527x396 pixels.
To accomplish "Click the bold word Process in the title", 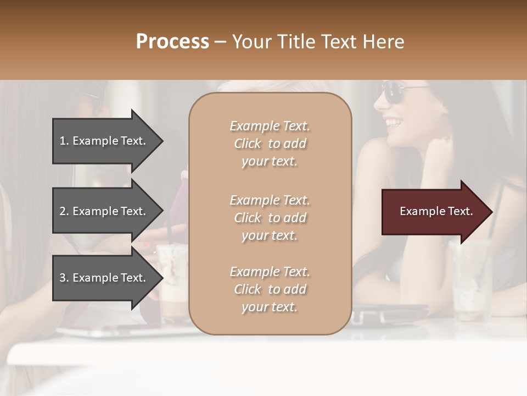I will coord(172,42).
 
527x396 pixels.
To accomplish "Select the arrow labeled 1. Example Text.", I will coord(104,141).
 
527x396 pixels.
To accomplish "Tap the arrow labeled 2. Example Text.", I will coord(104,211).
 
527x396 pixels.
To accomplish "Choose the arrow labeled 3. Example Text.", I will coord(104,278).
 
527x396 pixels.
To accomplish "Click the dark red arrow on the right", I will coord(434,212).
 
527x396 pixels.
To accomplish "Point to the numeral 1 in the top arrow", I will coord(62,141).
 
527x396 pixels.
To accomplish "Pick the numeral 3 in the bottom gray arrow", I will coord(62,278).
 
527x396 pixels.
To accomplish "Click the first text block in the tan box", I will coord(270,144).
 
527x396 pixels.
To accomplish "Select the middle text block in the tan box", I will coord(270,218).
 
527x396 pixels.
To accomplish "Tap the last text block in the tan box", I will coord(270,289).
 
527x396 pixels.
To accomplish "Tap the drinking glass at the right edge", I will coord(470,280).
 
